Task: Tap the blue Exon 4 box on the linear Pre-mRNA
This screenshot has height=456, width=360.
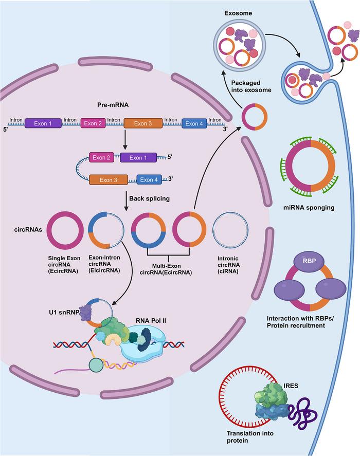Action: coord(194,124)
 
